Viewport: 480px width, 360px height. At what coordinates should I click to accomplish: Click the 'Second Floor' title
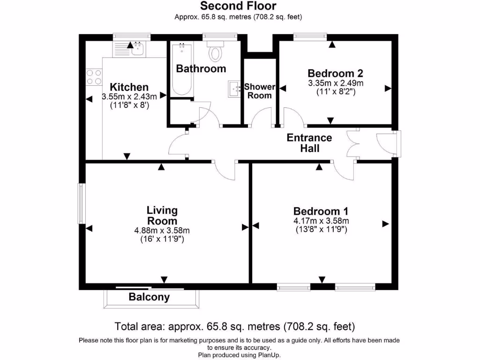tap(238, 6)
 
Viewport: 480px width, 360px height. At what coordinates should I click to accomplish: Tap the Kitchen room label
tap(129, 87)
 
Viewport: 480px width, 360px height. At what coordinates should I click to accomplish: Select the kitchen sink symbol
tap(137, 47)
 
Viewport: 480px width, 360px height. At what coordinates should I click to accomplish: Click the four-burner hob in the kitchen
tap(94, 77)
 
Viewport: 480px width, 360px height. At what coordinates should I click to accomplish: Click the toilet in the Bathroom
tap(216, 52)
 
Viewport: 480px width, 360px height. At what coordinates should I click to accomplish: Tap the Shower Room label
tap(259, 91)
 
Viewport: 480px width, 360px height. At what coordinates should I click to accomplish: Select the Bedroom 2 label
tap(336, 74)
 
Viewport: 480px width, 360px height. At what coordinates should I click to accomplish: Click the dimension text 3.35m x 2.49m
tap(336, 83)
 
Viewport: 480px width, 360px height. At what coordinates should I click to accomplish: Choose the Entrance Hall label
tap(309, 143)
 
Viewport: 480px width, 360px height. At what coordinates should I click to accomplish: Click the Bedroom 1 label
tap(321, 211)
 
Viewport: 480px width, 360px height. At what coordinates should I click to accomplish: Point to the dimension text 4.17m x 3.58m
tap(321, 221)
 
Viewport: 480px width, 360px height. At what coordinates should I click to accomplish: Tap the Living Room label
tap(162, 215)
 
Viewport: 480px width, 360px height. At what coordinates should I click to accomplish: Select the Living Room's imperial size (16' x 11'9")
tap(162, 239)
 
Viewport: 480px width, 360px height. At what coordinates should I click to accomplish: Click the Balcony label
tap(149, 297)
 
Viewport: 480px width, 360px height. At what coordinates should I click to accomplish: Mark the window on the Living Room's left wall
tap(81, 203)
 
